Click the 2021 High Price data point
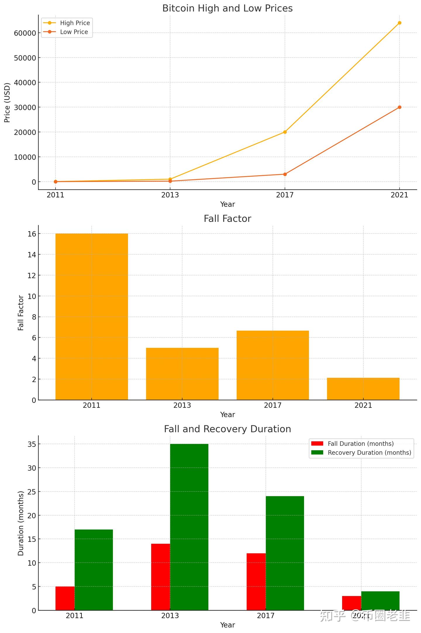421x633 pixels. [399, 23]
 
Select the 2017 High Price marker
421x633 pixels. [285, 132]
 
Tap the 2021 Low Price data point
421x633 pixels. [399, 107]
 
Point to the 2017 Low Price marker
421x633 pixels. [285, 174]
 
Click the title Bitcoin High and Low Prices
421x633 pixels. [227, 8]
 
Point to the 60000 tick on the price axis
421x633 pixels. [25, 33]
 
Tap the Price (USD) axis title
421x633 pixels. [7, 103]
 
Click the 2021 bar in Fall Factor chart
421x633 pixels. [363, 389]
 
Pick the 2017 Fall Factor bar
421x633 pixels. [272, 365]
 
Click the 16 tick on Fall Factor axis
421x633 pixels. [32, 234]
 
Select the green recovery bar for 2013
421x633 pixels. [189, 527]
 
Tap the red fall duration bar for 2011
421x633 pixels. [65, 598]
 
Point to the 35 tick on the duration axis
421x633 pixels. [32, 444]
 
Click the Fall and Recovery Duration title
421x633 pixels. [227, 429]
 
